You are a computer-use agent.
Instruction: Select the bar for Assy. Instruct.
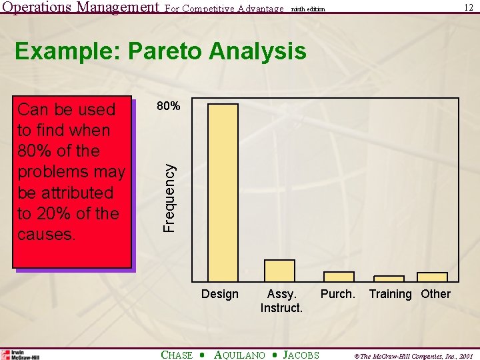click(279, 271)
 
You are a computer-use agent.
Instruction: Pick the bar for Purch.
click(339, 277)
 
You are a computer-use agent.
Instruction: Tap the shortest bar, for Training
click(389, 279)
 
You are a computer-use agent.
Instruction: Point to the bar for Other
click(432, 277)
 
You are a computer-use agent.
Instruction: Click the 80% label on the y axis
click(167, 105)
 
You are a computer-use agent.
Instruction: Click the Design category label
click(219, 294)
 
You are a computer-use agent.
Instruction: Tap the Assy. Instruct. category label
click(281, 301)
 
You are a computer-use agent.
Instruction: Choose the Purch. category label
click(338, 294)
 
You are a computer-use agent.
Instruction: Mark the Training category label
click(390, 294)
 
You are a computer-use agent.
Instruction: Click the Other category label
click(435, 294)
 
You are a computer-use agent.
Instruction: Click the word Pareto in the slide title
click(167, 51)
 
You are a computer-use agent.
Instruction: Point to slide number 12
click(469, 7)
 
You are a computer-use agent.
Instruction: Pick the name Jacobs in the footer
click(301, 355)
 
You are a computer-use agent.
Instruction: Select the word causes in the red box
click(46, 235)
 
